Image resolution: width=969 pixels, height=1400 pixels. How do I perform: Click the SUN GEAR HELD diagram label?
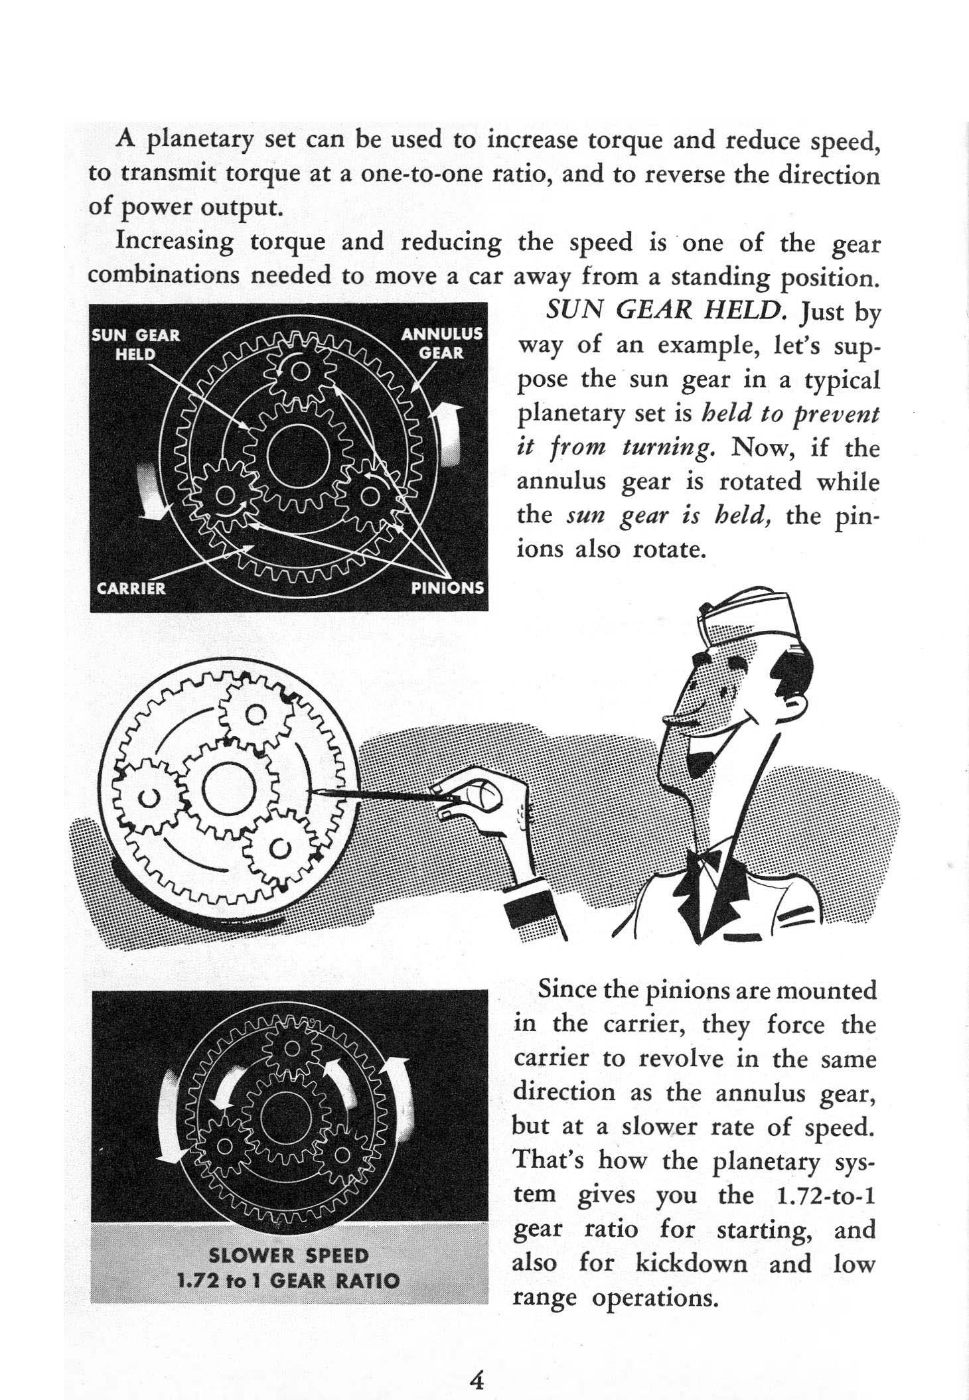click(135, 344)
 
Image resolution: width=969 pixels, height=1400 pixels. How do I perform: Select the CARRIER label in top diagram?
click(131, 588)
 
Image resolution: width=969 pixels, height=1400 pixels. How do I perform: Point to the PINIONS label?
click(448, 588)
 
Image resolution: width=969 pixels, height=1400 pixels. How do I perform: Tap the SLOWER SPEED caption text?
click(288, 1256)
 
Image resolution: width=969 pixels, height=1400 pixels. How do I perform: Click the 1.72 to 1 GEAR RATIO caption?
click(288, 1281)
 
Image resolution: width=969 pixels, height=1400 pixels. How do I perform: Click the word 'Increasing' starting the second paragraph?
click(175, 242)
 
